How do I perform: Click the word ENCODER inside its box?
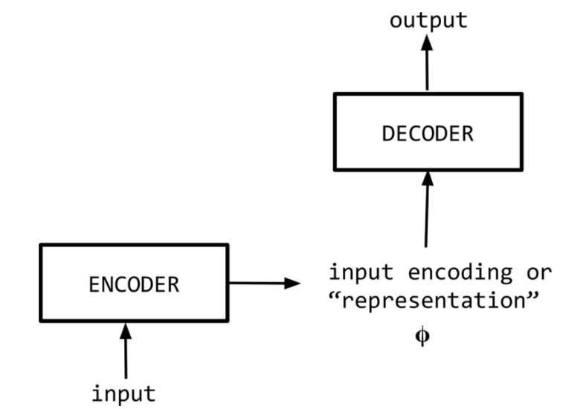tap(134, 284)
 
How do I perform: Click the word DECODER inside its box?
tap(428, 134)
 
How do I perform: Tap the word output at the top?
tap(428, 20)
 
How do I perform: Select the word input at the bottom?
tap(123, 393)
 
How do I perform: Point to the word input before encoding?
tap(361, 272)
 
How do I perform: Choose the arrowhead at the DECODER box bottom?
tap(427, 178)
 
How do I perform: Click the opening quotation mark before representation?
tap(334, 299)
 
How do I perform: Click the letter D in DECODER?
tap(388, 134)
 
